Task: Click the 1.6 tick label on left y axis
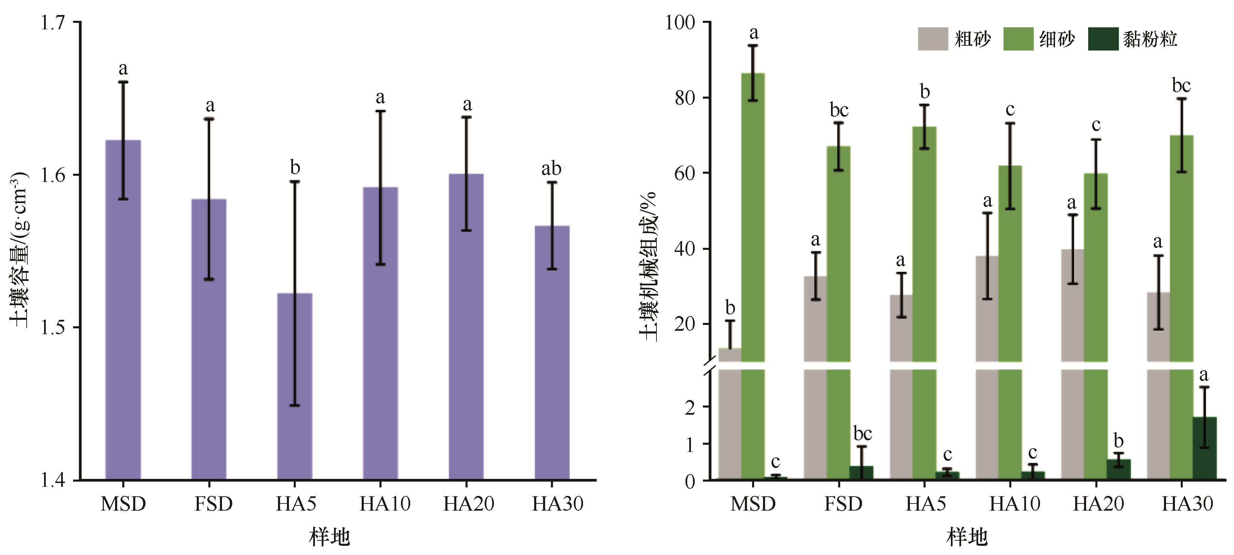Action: pyautogui.click(x=53, y=175)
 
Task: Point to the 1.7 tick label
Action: pyautogui.click(x=53, y=23)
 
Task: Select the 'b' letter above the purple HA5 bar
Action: pyautogui.click(x=295, y=168)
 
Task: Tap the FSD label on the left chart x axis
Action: pyautogui.click(x=213, y=503)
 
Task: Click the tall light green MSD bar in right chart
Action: pyautogui.click(x=752, y=215)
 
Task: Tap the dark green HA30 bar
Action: pyautogui.click(x=1204, y=448)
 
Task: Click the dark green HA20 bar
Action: pyautogui.click(x=1119, y=469)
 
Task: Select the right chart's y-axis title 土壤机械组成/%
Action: pyautogui.click(x=649, y=266)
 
